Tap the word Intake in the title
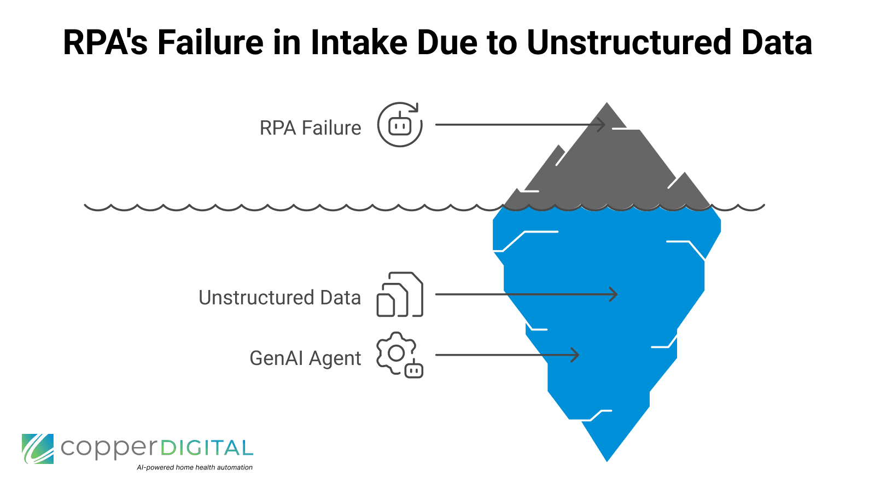point(358,43)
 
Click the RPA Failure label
point(310,128)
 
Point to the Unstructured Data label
point(279,298)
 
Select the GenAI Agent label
point(305,358)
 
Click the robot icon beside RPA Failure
point(400,125)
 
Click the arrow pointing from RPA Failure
point(520,125)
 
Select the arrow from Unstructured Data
point(525,294)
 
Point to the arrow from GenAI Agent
point(506,355)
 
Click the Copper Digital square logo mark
point(38,449)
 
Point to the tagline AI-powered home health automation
point(195,468)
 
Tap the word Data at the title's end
point(777,43)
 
